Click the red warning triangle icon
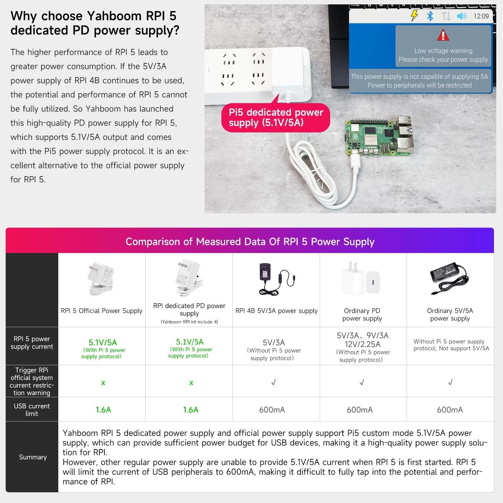[x=443, y=35]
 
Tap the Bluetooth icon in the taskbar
[x=430, y=16]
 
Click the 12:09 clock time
[x=481, y=16]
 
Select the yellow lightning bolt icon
[x=414, y=15]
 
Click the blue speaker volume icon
[x=461, y=16]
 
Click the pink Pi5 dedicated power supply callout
[x=276, y=117]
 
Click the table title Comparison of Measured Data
[x=250, y=241]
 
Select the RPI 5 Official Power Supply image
[x=101, y=278]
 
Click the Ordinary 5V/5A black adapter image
[x=449, y=278]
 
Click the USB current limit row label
[x=32, y=410]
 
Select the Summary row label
[x=33, y=457]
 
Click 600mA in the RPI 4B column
[x=272, y=410]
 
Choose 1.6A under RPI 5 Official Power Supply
[x=103, y=410]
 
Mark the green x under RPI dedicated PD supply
[x=191, y=383]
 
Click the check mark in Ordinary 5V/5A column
[x=450, y=382]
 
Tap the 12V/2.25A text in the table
[x=363, y=344]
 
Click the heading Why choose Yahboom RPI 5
[x=93, y=16]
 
